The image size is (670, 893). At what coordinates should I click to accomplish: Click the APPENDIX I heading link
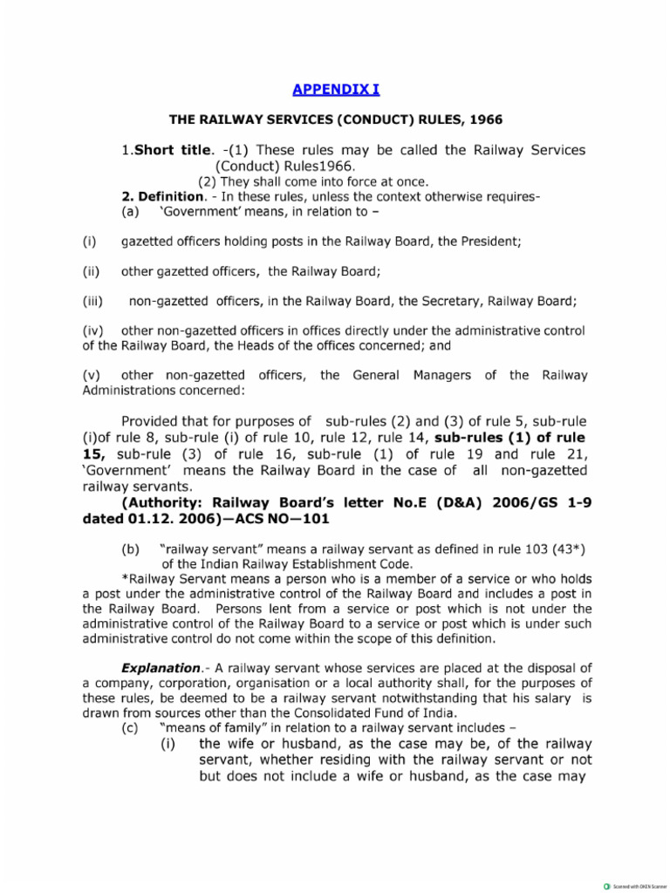(x=335, y=90)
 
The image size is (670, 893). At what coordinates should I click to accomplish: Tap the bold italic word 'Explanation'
(x=166, y=668)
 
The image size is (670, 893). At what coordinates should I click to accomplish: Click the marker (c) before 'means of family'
(x=130, y=726)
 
